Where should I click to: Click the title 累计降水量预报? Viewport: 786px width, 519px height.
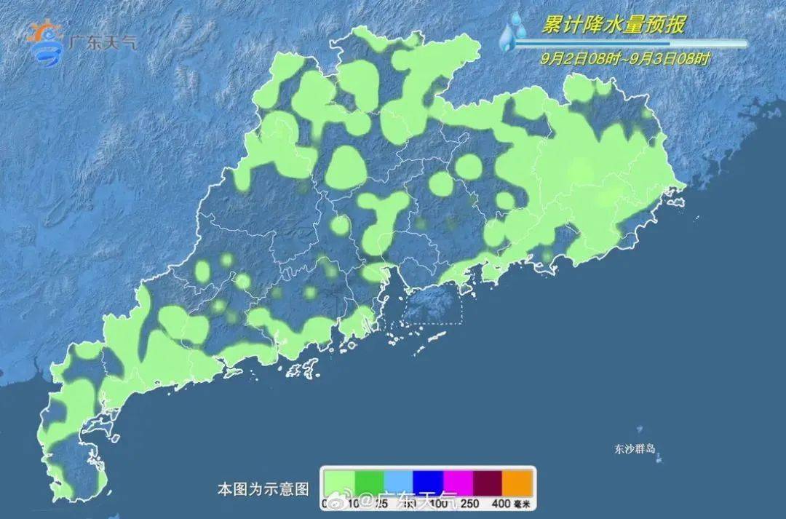pos(614,25)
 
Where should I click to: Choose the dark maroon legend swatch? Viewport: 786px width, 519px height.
pos(488,482)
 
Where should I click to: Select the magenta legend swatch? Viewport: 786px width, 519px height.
pos(458,482)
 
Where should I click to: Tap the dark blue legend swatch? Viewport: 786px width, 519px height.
pos(429,482)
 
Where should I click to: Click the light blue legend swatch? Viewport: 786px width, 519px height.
pos(399,482)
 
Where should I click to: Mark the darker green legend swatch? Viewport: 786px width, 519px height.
pos(369,482)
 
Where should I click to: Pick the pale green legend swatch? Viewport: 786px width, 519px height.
pos(339,482)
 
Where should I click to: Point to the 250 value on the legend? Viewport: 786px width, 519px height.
pos(469,503)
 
